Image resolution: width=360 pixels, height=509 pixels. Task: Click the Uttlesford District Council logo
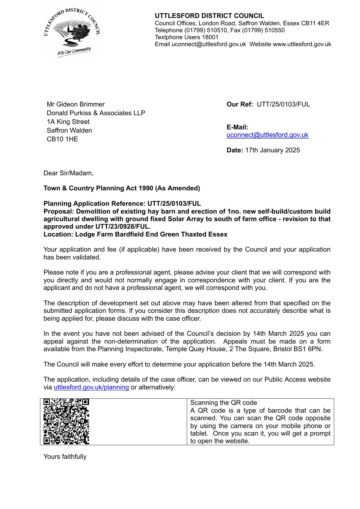click(72, 31)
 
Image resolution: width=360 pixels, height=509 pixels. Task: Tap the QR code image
click(66, 421)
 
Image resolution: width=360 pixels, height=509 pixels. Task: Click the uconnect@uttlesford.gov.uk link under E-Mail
click(267, 135)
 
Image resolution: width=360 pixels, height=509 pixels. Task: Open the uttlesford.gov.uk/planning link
click(91, 387)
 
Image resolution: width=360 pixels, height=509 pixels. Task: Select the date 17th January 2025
click(272, 150)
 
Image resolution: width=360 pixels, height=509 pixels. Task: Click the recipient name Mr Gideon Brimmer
click(76, 104)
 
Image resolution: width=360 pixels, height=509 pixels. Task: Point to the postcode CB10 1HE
click(62, 139)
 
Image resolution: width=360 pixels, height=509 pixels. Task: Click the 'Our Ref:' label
click(240, 104)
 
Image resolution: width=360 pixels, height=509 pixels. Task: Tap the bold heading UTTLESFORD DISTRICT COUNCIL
click(209, 16)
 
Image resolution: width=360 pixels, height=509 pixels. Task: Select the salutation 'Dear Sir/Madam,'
click(68, 173)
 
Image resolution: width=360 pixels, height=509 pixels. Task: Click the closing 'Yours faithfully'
click(65, 457)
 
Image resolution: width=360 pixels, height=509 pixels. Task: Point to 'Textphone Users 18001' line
click(187, 37)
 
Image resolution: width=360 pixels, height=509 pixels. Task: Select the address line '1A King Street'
click(68, 122)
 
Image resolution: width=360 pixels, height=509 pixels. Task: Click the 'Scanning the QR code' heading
click(224, 403)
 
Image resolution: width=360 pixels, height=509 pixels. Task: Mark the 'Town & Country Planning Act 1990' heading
click(122, 188)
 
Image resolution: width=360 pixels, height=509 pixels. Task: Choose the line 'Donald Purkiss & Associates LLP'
click(96, 113)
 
